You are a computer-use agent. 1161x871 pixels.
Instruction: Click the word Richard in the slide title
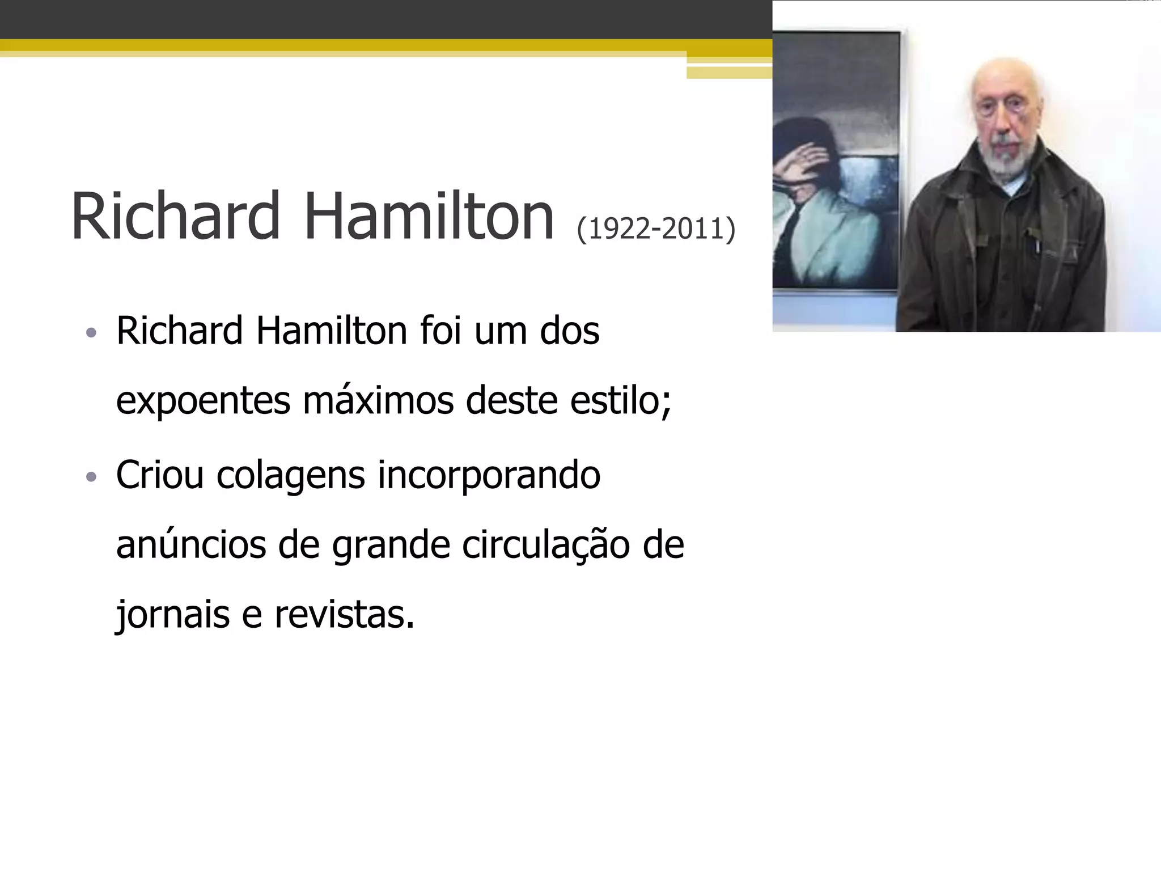click(175, 216)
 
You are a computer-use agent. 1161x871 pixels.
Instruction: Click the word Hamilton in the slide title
click(429, 216)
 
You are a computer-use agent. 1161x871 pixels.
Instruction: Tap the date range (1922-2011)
click(656, 229)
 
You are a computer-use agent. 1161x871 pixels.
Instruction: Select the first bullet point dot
click(91, 332)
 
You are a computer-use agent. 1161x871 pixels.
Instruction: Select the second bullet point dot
click(91, 477)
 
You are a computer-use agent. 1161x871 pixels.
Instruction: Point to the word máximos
click(378, 400)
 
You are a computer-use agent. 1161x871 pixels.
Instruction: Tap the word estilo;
click(621, 400)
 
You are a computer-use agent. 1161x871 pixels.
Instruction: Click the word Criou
click(160, 475)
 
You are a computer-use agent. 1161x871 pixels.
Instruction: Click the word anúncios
click(191, 545)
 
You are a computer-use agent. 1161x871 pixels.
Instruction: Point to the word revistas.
click(344, 615)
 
